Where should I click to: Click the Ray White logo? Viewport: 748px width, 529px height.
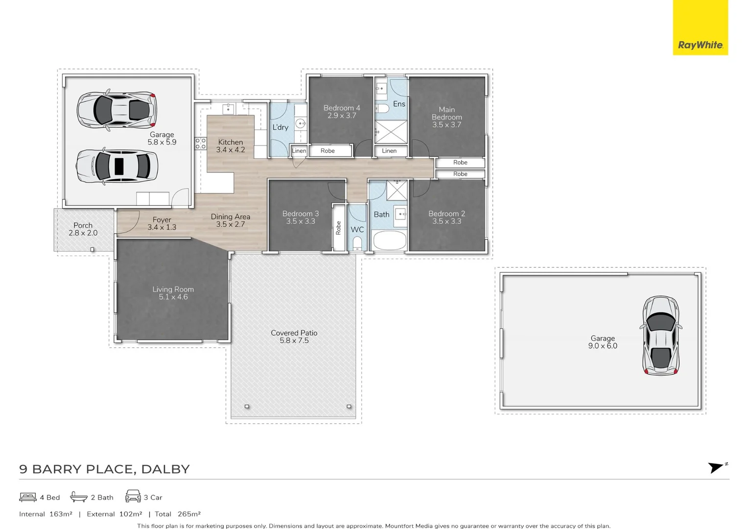coord(700,45)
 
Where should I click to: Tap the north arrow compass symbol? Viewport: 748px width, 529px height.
coord(717,467)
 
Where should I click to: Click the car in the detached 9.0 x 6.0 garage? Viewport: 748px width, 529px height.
coord(661,336)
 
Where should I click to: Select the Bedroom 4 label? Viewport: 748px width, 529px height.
coord(342,108)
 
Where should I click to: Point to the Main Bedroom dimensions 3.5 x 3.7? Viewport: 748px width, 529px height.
coord(446,125)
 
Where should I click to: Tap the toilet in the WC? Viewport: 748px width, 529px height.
coord(357,243)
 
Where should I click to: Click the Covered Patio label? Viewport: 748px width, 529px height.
coord(294,333)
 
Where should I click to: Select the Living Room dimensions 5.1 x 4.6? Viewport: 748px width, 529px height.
coord(173,297)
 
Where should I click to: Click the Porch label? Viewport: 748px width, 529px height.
coord(83,225)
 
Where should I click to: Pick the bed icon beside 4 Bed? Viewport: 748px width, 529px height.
coord(28,497)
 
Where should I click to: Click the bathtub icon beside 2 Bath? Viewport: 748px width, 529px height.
coord(79,497)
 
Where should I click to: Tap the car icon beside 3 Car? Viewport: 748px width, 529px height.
coord(133,496)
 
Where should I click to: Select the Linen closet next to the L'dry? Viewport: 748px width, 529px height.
coord(299,151)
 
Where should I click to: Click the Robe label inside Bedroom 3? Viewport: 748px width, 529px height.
coord(338,228)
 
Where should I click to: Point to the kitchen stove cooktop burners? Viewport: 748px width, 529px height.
coord(200,143)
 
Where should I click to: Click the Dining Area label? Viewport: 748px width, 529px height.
coord(230,216)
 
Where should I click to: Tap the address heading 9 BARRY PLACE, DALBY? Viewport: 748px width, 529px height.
coord(104,469)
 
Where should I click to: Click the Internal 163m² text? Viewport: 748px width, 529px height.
coord(46,514)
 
